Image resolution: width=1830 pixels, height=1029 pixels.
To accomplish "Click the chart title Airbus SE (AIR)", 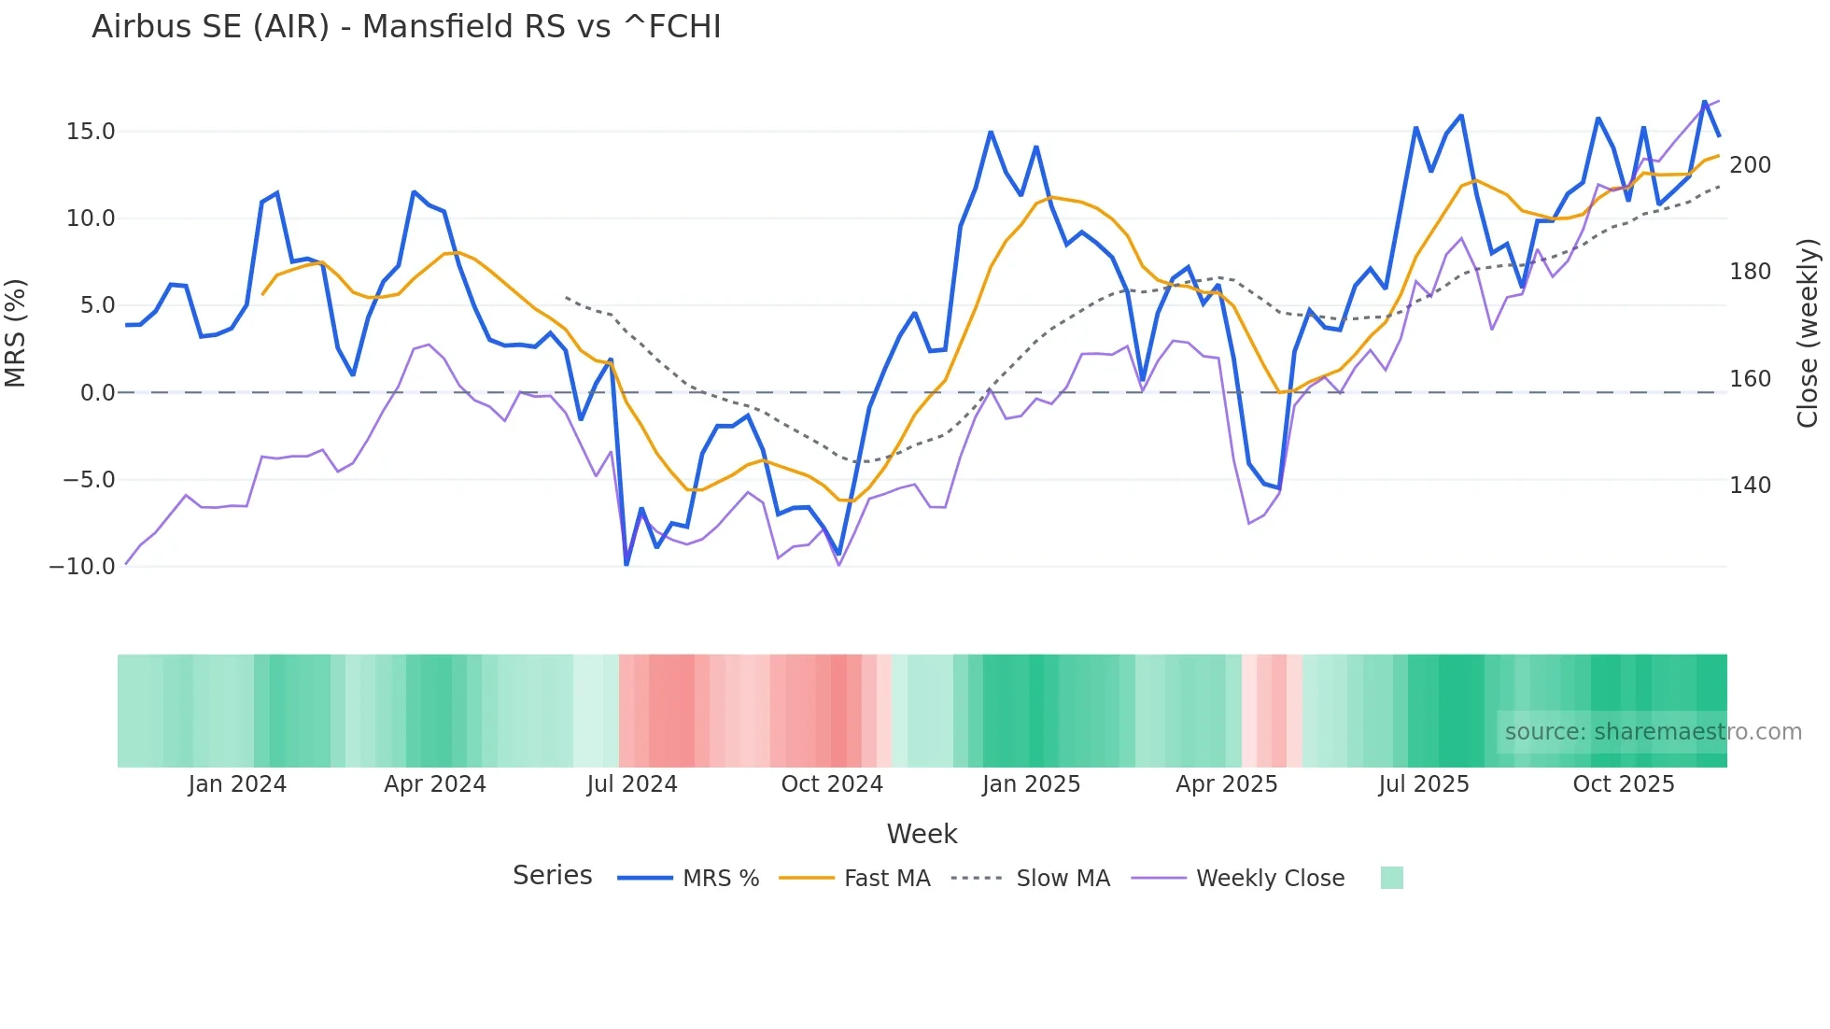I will [x=406, y=27].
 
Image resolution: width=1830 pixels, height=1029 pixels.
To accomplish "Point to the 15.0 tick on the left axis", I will [x=91, y=132].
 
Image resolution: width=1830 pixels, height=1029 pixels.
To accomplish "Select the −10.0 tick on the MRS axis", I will [x=82, y=567].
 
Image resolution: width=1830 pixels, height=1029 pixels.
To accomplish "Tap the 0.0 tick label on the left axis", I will [x=97, y=393].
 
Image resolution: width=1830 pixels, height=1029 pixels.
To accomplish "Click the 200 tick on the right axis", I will [x=1750, y=165].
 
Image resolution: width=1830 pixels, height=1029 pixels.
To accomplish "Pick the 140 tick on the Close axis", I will [x=1750, y=486].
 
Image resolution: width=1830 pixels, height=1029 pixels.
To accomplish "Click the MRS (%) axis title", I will [x=16, y=333].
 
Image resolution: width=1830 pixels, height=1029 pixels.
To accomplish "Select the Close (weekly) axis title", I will [x=1809, y=333].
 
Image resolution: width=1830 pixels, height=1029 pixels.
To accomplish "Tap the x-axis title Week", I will [x=922, y=834].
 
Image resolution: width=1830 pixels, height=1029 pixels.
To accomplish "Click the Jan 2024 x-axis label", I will [x=237, y=784].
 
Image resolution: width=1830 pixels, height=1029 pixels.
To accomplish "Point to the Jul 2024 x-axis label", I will [x=632, y=784].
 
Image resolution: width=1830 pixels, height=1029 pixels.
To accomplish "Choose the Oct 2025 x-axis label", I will [x=1624, y=784].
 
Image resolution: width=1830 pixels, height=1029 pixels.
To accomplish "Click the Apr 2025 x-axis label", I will [x=1227, y=784].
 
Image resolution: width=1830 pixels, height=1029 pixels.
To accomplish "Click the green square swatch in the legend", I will [x=1391, y=879].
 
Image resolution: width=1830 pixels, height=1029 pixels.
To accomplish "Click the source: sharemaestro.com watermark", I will [x=1653, y=732].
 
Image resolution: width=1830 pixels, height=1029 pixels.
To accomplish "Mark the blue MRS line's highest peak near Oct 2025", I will [x=1704, y=101].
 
